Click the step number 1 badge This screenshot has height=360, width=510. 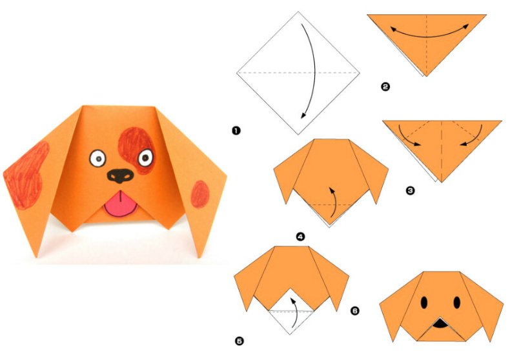point(236,130)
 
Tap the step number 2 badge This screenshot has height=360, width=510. point(385,86)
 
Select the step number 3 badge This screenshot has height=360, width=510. point(411,190)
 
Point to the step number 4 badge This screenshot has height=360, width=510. point(301,237)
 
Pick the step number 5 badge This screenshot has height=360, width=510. point(239,341)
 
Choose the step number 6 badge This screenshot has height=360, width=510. point(355,311)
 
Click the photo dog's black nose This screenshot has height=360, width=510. point(120,175)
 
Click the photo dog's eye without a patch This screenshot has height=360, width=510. point(97,159)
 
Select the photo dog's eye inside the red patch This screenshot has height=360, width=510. point(145,158)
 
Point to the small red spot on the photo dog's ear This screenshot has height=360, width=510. point(199,194)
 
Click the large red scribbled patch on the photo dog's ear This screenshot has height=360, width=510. point(26,175)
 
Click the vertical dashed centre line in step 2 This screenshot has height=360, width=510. point(427,45)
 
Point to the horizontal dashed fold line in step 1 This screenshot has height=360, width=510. point(298,73)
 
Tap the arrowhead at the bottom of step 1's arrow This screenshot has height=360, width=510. point(303,115)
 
